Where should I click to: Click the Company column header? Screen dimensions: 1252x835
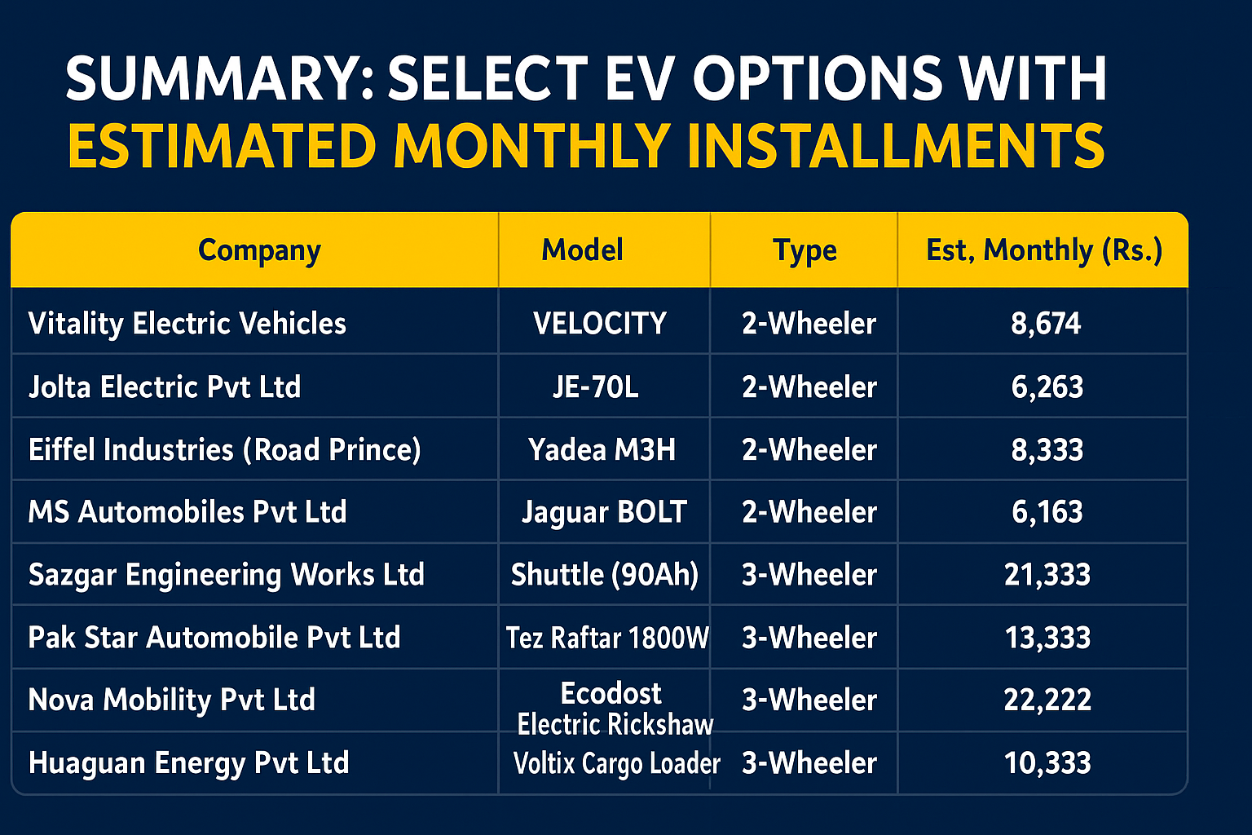click(x=259, y=250)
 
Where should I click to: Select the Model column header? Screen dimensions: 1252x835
click(x=583, y=250)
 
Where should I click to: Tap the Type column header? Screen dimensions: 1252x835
click(x=805, y=250)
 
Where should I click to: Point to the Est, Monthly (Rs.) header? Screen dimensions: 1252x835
click(x=1044, y=250)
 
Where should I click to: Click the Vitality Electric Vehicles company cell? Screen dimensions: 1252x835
click(x=187, y=323)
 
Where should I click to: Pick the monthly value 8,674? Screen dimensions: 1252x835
click(x=1046, y=323)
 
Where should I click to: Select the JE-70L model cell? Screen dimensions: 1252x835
click(x=595, y=387)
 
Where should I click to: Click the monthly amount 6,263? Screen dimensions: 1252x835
click(x=1047, y=387)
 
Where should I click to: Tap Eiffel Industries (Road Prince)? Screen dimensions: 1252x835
click(x=225, y=449)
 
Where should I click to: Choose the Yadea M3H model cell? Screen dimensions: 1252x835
click(x=602, y=449)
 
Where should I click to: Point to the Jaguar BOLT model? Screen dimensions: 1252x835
click(x=604, y=512)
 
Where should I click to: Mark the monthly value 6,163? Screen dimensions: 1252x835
click(x=1047, y=512)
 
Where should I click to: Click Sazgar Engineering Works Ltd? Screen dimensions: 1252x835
click(x=227, y=575)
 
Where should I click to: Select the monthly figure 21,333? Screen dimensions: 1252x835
click(x=1047, y=574)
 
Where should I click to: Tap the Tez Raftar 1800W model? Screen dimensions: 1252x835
click(x=607, y=638)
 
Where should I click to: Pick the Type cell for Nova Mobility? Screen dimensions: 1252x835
click(x=809, y=700)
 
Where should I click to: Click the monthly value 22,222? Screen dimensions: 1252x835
click(x=1047, y=700)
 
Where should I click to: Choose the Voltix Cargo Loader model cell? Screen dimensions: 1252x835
click(x=616, y=763)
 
